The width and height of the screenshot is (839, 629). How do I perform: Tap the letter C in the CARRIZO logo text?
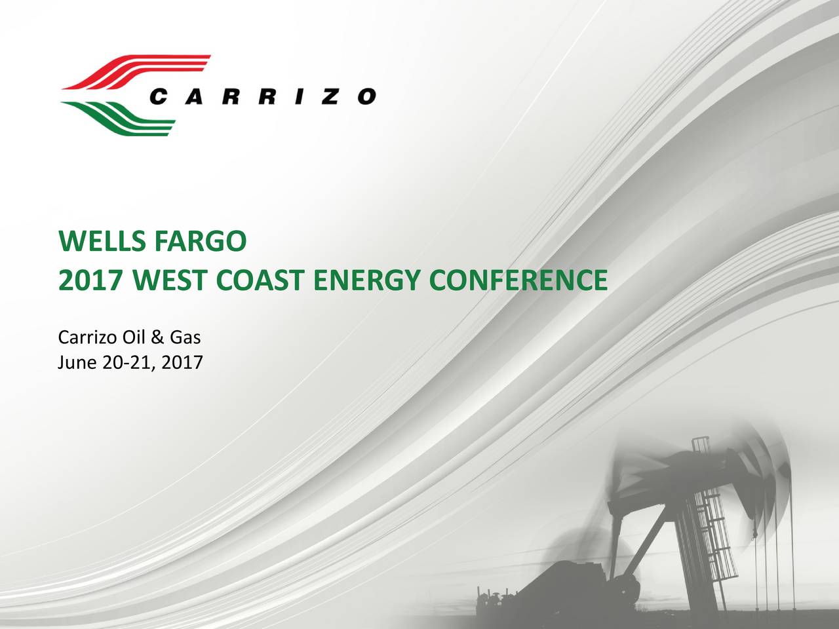tap(159, 97)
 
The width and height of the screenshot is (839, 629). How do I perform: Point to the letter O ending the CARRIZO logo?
tap(367, 97)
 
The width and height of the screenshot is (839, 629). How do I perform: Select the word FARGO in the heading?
tap(200, 243)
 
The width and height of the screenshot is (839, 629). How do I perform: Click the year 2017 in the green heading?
tap(90, 281)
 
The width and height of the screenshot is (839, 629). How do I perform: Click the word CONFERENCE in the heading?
tap(518, 281)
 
